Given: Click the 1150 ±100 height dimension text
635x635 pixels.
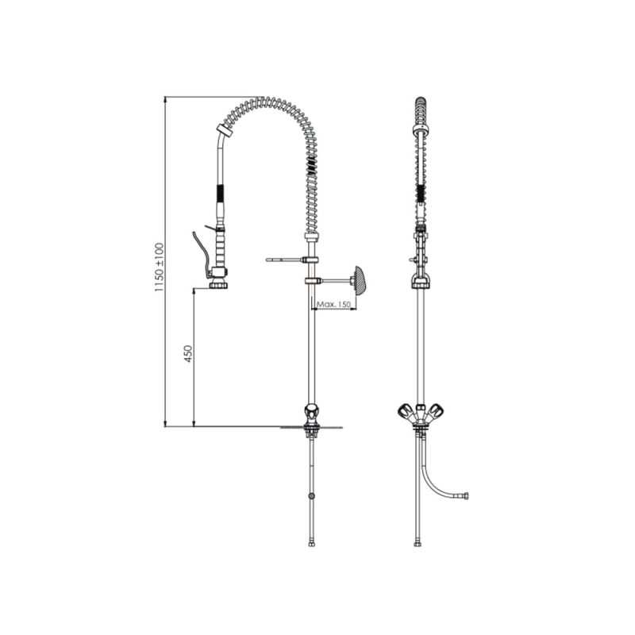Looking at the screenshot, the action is coord(159,267).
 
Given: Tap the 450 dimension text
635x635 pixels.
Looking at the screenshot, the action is coord(188,353).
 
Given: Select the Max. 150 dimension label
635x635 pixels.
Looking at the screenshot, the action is coord(333,304).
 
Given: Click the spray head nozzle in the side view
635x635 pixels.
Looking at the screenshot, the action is coord(218,285).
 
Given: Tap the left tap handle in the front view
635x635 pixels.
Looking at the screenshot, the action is coord(406,412).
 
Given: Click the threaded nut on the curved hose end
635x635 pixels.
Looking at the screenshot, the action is coord(467,495).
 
